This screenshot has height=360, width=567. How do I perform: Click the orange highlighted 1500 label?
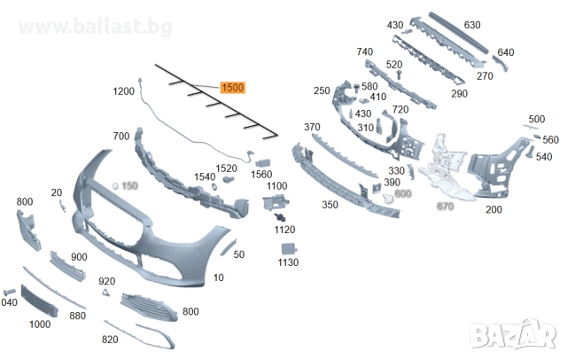232,88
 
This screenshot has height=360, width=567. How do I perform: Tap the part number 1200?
123,91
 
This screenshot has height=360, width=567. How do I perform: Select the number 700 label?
120,137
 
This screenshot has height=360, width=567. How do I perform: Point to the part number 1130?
288,262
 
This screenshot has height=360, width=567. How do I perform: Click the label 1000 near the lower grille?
39,325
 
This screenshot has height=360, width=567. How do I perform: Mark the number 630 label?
471,25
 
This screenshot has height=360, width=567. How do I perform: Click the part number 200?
493,209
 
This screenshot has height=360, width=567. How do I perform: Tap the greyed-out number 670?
445,207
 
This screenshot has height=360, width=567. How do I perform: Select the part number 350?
330,205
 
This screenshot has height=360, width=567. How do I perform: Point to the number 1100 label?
277,185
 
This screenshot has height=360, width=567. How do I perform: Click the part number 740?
365,53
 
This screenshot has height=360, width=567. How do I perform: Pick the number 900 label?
79,257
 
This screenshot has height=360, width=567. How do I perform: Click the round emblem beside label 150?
115,185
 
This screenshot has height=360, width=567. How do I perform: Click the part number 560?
550,140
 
